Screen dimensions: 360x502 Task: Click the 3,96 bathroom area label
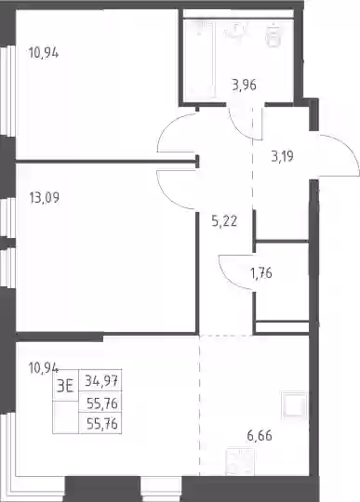point(244,86)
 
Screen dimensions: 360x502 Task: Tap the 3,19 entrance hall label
point(282,156)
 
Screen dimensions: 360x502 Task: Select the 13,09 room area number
point(45,197)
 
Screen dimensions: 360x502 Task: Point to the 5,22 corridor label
point(224,221)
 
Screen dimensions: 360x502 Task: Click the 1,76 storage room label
point(261,273)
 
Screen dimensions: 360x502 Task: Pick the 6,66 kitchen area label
point(260,436)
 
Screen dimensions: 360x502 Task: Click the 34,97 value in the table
point(101,381)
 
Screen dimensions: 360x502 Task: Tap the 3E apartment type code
point(65,386)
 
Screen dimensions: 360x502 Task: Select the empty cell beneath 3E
point(66,417)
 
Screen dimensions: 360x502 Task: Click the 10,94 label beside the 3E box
point(44,368)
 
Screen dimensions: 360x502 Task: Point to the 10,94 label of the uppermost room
point(44,52)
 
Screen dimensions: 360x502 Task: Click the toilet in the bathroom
point(273,34)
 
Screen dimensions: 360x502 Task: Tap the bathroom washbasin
point(236,30)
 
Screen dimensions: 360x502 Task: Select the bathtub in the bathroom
point(199,59)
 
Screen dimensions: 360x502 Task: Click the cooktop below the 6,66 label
point(240,462)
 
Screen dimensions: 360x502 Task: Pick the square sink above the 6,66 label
point(294,404)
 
